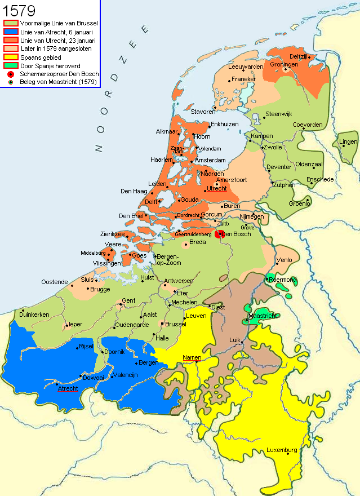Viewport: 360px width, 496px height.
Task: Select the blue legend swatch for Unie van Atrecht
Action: click(x=11, y=32)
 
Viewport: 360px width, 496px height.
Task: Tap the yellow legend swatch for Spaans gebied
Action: click(x=11, y=57)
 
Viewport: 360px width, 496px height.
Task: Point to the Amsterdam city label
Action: click(x=210, y=161)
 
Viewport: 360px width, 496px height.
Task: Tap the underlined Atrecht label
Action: click(x=68, y=388)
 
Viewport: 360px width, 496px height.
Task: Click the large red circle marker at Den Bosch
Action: click(x=220, y=233)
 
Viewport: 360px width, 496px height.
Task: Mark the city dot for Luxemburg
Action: click(x=288, y=455)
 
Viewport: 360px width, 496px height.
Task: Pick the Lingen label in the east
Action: click(x=348, y=141)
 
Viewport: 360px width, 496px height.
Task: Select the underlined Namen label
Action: click(x=192, y=357)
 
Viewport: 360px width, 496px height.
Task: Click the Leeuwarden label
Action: click(x=246, y=67)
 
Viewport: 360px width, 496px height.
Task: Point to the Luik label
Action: click(x=235, y=340)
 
